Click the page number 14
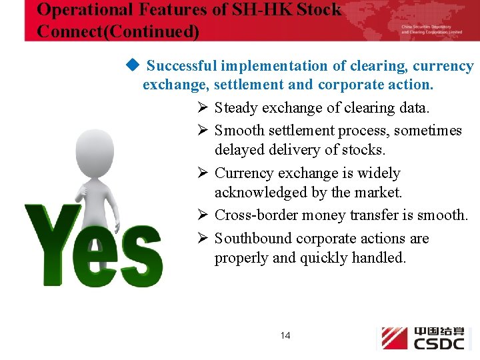click(285, 335)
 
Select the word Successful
click(181, 66)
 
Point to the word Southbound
click(253, 239)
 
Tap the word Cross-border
click(256, 215)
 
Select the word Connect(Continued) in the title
click(118, 31)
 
